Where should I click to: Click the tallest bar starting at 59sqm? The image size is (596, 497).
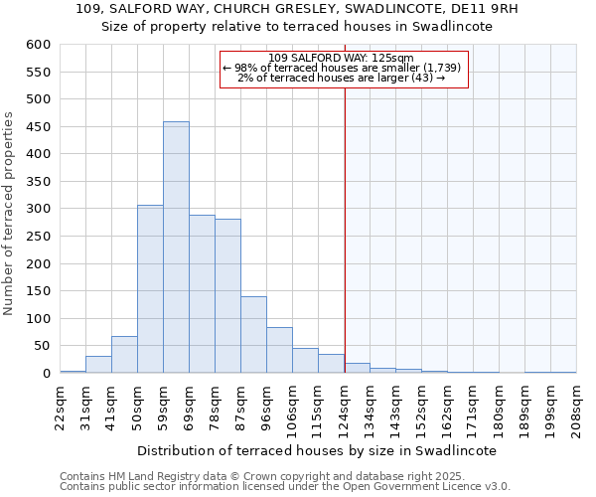[176, 248]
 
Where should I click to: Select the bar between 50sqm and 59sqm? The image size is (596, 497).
[150, 289]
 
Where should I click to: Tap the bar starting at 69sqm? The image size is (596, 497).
[202, 294]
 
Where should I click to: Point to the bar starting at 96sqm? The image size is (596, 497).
[279, 350]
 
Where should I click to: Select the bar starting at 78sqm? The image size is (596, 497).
[227, 296]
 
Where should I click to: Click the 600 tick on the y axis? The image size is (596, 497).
[38, 45]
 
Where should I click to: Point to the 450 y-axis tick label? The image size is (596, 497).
[38, 127]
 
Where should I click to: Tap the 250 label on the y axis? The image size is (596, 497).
[38, 237]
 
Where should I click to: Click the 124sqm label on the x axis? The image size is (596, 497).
[344, 408]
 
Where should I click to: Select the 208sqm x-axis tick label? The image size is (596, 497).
[576, 408]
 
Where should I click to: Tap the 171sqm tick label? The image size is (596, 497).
[473, 408]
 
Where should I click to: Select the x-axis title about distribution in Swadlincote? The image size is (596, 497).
[317, 450]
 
